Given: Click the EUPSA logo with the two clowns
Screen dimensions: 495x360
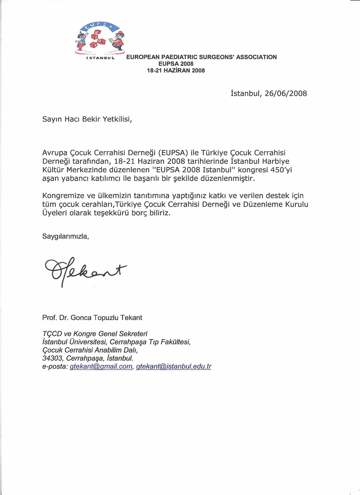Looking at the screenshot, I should [100, 38].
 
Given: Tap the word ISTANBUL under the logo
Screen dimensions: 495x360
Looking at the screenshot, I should [100, 58].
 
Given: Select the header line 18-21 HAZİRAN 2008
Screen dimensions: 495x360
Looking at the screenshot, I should [176, 70].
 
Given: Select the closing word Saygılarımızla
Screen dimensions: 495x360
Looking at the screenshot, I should [66, 236].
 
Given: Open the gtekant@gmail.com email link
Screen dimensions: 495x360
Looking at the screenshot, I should [101, 367].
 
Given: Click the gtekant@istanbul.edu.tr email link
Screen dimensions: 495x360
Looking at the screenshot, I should [174, 367].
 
